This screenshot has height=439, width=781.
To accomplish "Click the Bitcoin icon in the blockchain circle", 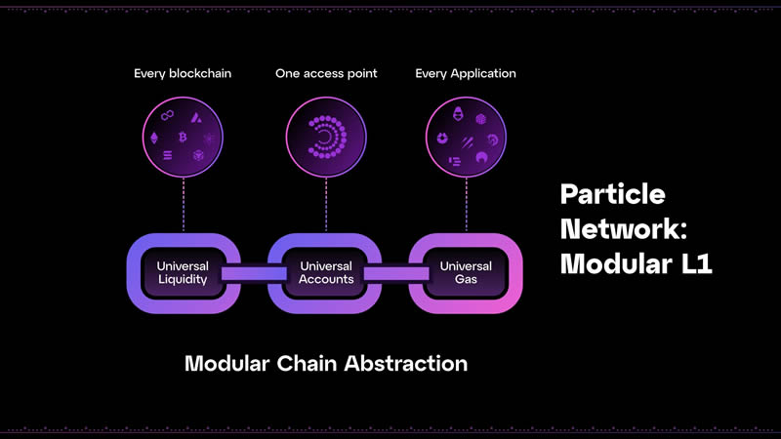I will [183, 137].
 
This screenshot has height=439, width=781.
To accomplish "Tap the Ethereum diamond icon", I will [154, 138].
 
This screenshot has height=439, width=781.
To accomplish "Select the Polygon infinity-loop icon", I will [167, 115].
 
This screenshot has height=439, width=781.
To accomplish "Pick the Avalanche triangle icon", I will [196, 118].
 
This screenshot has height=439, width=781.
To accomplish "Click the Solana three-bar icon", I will [168, 155].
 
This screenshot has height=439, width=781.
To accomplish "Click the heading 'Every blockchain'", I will [183, 73].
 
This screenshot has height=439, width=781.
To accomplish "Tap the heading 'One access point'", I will [326, 73].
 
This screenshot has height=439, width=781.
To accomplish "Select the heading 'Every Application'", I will [466, 73].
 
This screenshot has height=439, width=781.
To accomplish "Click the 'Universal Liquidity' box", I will [183, 273].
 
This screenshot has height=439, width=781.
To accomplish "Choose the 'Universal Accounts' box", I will [326, 273].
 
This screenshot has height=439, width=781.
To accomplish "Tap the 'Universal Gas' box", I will [466, 273].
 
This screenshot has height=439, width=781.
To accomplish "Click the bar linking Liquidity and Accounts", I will [254, 274].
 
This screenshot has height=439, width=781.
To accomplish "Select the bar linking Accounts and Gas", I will [395, 274].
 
